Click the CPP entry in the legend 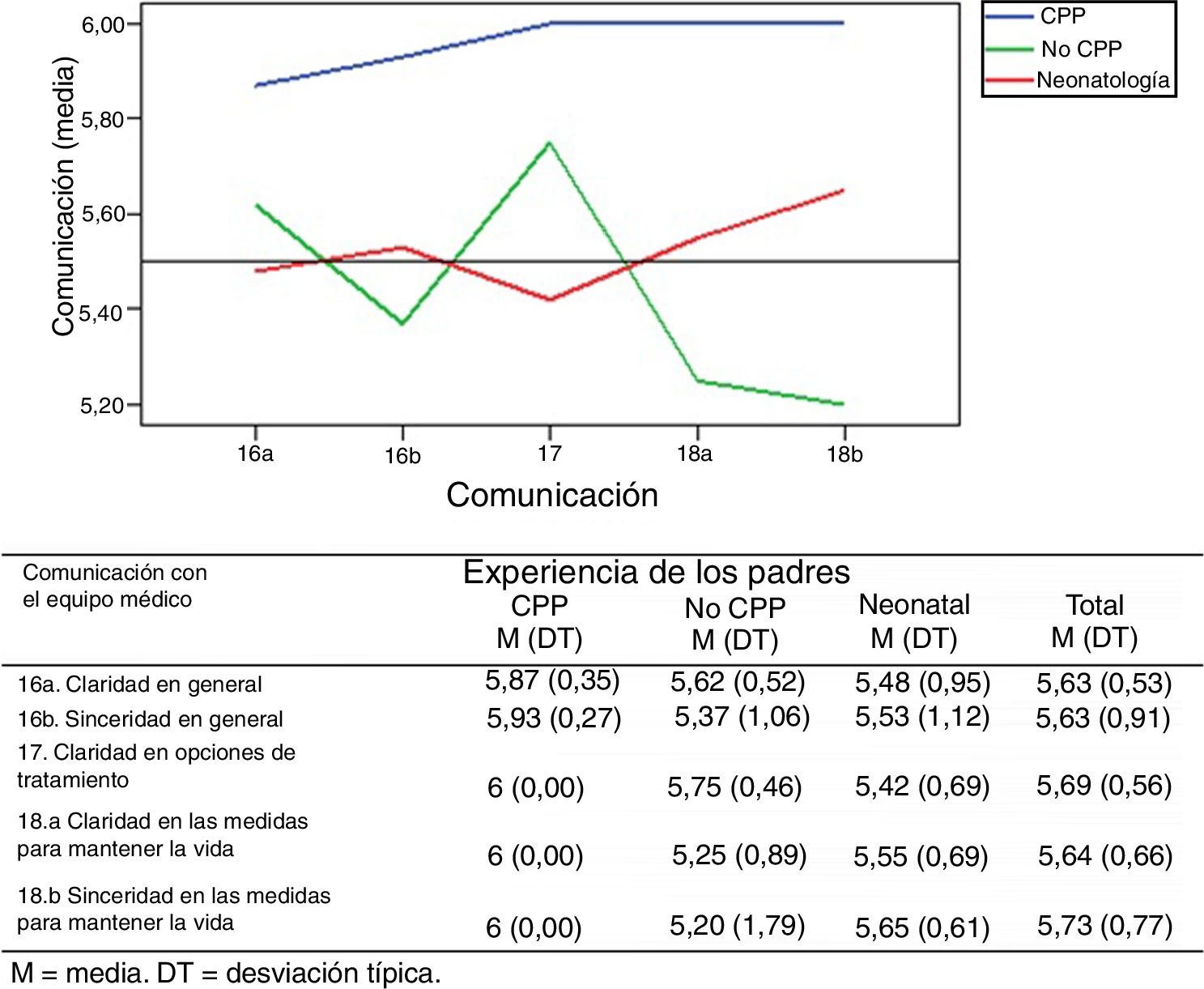pos(1062,16)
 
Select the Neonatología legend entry pos(1102,80)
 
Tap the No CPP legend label pos(1081,49)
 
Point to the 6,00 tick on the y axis pos(103,24)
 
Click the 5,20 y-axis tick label pos(103,405)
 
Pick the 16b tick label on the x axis pos(402,457)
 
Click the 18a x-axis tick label pos(695,454)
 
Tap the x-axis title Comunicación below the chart pos(552,495)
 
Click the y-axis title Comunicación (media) pos(63,197)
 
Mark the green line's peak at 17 pos(550,143)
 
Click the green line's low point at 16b pos(402,324)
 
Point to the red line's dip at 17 pos(551,300)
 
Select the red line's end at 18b pos(844,190)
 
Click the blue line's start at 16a pos(256,85)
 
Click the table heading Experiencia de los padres pos(656,573)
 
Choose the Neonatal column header pos(914,605)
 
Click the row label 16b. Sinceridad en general pos(151,719)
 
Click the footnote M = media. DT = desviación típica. pos(227,973)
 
